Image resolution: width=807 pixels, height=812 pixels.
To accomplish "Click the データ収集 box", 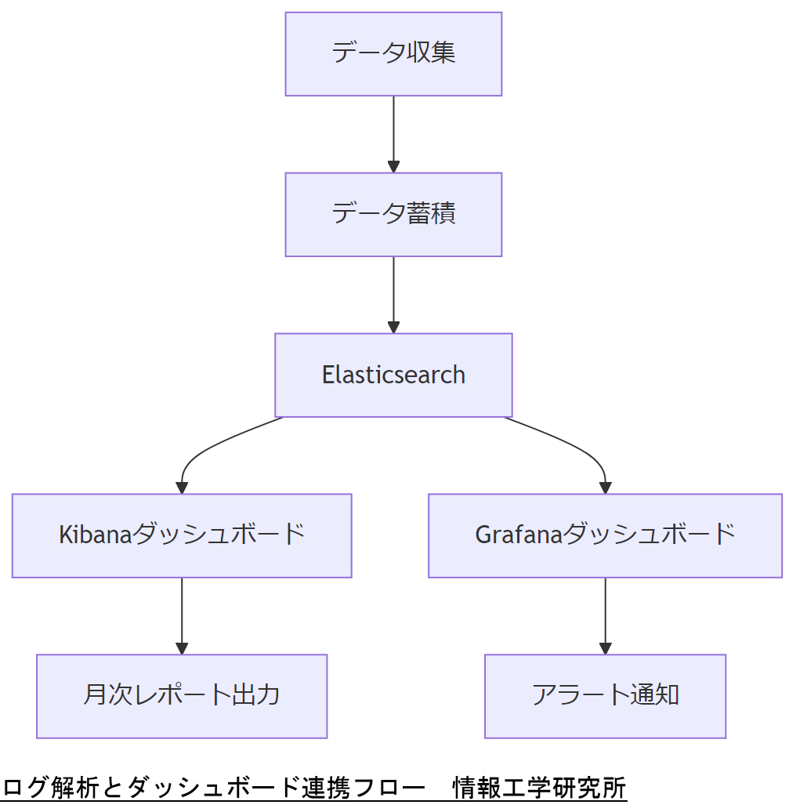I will click(393, 54).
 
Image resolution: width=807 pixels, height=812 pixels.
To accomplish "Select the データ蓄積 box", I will click(393, 215).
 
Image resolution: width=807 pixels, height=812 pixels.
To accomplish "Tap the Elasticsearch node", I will click(393, 375).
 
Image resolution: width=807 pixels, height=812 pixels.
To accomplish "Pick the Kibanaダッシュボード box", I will click(182, 536).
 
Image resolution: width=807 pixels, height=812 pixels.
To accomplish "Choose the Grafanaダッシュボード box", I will click(605, 536).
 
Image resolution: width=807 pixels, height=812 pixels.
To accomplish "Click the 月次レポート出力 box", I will click(182, 696).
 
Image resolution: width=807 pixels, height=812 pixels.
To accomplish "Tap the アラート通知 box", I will click(605, 696).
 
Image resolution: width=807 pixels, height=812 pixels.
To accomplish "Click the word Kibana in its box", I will click(95, 535).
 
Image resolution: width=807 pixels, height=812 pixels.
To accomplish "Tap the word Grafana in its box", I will click(519, 535).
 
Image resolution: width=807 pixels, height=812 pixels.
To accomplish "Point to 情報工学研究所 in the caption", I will click(540, 788).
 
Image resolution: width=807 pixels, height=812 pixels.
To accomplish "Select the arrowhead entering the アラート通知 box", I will click(605, 647).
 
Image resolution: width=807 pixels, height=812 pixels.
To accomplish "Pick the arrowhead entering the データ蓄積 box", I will click(393, 166).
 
